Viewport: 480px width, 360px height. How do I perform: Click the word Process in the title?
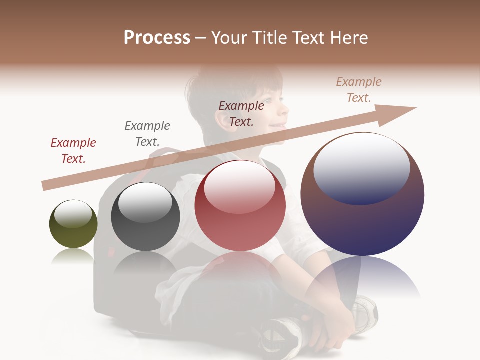(x=157, y=37)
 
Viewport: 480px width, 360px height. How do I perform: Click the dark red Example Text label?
(x=73, y=150)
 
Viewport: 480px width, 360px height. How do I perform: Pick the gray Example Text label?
(x=147, y=133)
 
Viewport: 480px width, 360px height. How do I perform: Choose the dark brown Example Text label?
(x=241, y=113)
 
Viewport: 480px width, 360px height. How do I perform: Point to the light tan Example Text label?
(x=359, y=90)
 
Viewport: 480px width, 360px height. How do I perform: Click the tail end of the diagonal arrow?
(x=45, y=185)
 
